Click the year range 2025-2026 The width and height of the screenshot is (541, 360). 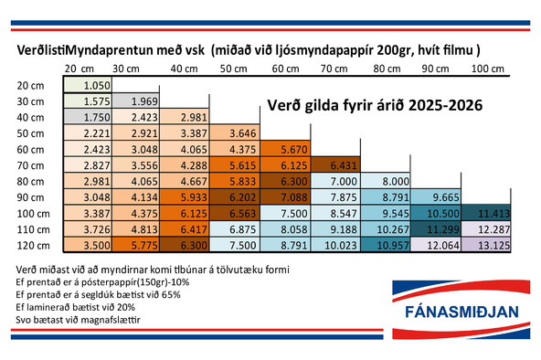point(441,107)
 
